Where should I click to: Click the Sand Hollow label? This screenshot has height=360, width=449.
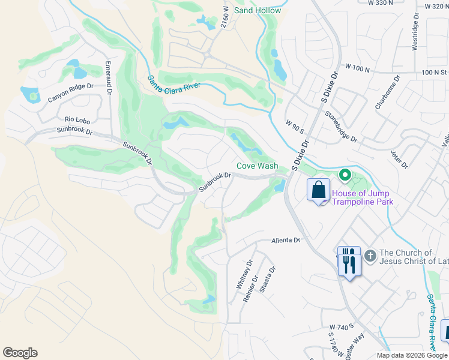(x=258, y=10)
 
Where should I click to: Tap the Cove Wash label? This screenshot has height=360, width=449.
(x=257, y=166)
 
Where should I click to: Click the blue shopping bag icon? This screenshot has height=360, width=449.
(x=318, y=191)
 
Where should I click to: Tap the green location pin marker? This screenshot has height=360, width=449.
(x=345, y=176)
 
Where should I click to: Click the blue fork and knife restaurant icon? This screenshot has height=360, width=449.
(x=349, y=261)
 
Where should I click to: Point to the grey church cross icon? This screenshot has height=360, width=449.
(x=370, y=256)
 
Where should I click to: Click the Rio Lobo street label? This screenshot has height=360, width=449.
(x=77, y=119)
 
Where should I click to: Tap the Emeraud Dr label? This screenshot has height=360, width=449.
(x=108, y=78)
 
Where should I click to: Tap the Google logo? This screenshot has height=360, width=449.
(x=20, y=353)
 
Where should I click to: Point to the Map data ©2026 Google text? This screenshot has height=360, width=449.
(x=411, y=355)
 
